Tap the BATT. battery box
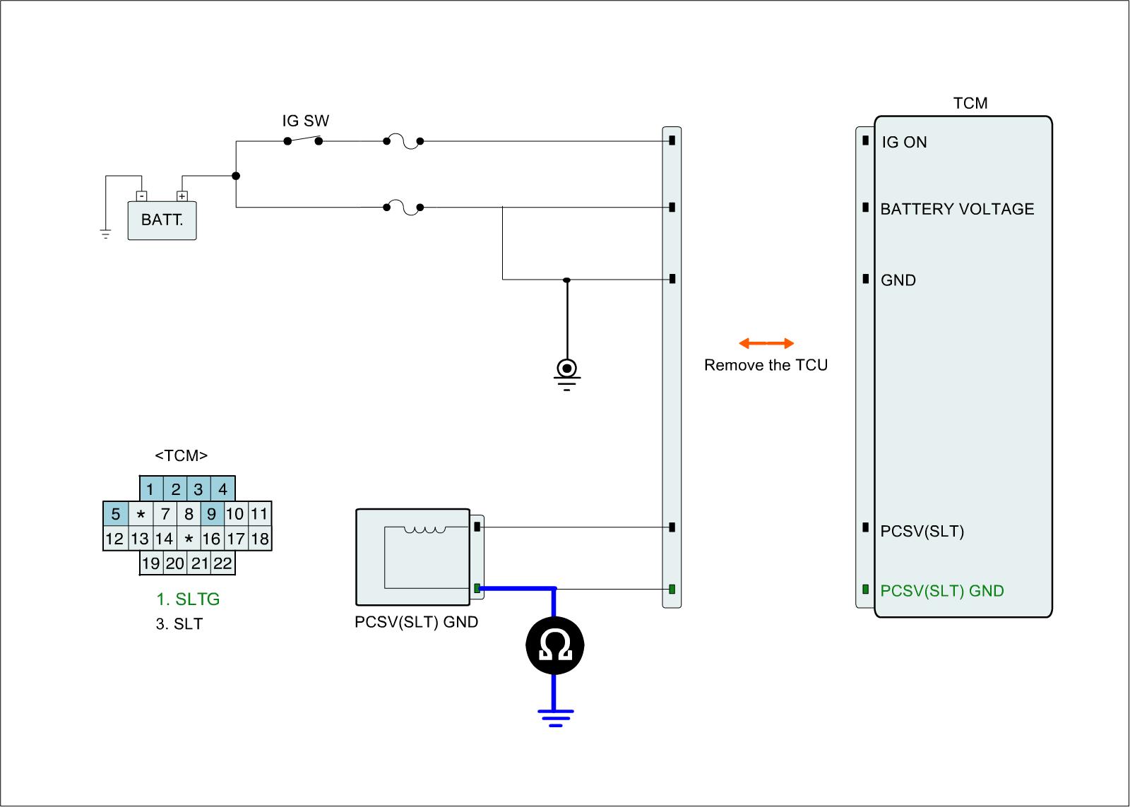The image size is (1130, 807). [162, 220]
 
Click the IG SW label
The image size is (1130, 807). [306, 121]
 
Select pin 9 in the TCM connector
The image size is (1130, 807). [211, 514]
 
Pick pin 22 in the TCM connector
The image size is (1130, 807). [222, 563]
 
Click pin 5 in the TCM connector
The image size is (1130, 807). [116, 514]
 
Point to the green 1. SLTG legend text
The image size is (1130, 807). [188, 599]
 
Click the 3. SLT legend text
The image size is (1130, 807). [179, 624]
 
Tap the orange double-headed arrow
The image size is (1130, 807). [766, 344]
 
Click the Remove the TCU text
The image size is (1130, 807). [766, 365]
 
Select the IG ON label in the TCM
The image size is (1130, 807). [904, 142]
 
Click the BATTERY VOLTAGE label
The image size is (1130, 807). [957, 209]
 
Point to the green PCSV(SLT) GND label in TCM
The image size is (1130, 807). [942, 591]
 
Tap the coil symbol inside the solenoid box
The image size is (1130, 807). [424, 530]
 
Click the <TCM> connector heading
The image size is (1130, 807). [182, 456]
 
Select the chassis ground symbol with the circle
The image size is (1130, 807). [566, 370]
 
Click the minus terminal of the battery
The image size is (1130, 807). [142, 196]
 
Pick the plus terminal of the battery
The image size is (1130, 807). [182, 196]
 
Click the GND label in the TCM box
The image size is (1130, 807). [898, 280]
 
